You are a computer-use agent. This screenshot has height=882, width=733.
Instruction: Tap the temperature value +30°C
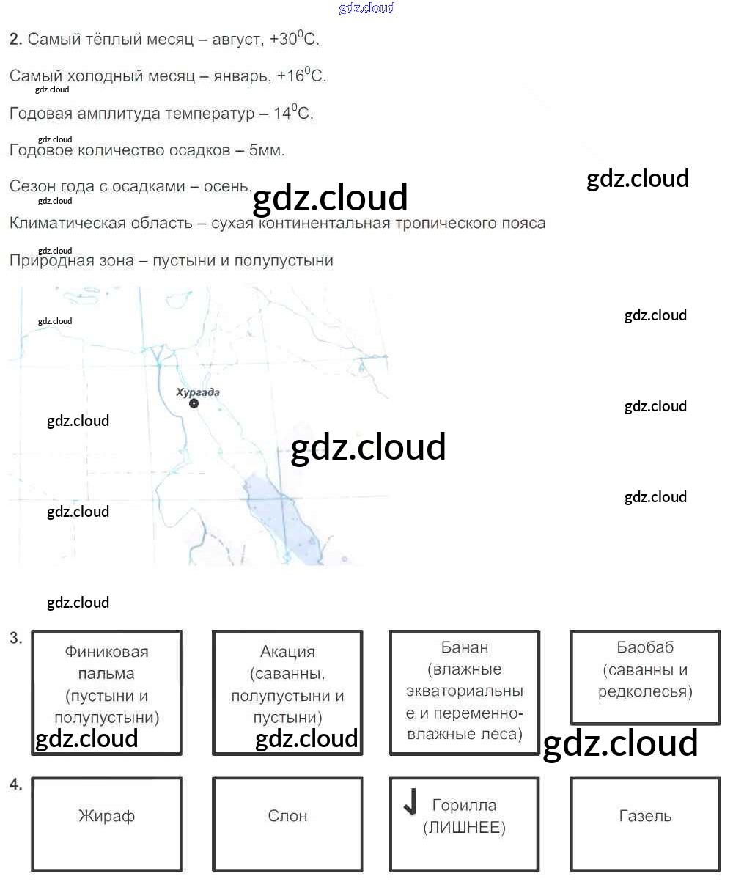[295, 39]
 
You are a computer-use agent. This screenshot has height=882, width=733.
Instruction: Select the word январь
[236, 76]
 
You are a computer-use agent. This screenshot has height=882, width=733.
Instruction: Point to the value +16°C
[302, 76]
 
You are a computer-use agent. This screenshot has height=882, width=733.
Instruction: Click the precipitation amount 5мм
[267, 150]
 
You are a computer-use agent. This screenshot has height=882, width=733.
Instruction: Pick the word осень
[227, 186]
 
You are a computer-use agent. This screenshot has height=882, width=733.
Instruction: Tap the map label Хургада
[198, 392]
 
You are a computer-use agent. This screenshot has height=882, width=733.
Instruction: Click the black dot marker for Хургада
[194, 404]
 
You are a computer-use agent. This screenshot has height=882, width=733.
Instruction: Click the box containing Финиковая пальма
[107, 692]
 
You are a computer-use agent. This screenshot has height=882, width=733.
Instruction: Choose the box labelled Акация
[287, 692]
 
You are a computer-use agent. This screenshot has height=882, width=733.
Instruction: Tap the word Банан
[465, 647]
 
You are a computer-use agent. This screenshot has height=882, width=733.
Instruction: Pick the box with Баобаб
[645, 677]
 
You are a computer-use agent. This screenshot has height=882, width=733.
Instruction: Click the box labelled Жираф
[107, 824]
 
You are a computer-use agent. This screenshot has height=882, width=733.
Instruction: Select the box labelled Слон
[287, 824]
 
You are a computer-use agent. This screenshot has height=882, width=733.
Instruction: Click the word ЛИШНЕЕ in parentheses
[465, 828]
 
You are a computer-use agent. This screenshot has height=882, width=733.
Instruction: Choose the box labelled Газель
[645, 824]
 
